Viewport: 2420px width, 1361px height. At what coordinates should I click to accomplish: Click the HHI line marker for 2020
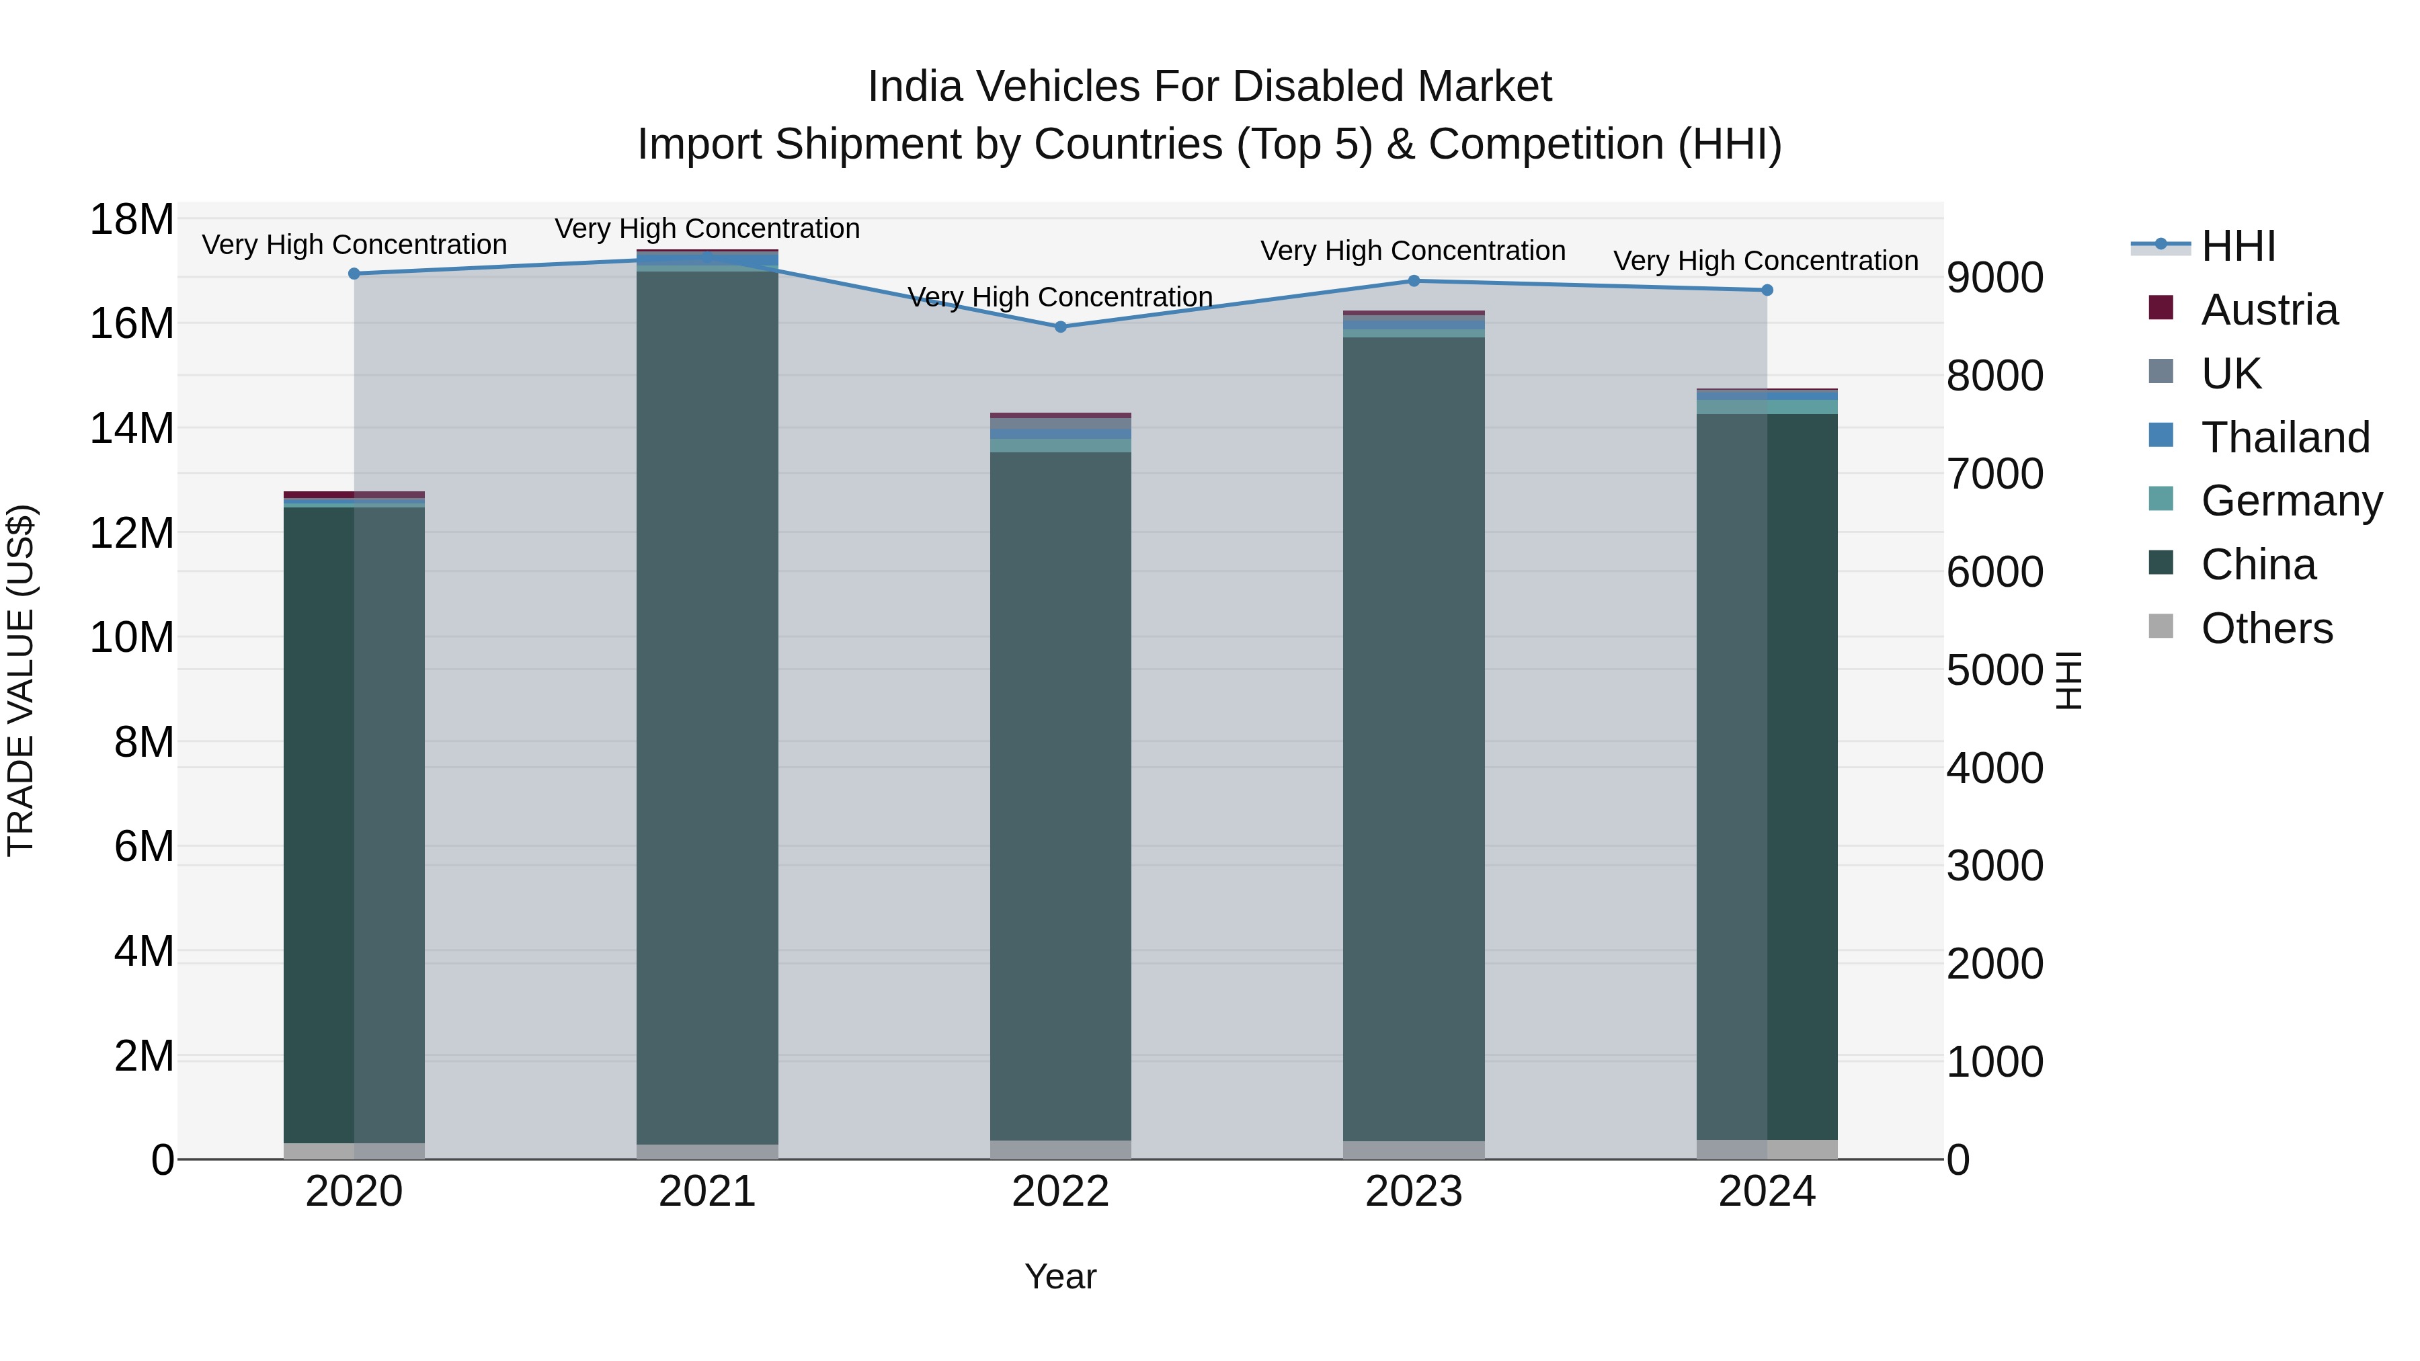354,274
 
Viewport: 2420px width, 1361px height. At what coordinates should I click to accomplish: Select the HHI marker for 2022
1061,327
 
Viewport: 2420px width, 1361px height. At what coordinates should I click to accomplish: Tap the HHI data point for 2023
1414,281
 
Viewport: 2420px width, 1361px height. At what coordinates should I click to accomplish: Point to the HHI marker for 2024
1767,290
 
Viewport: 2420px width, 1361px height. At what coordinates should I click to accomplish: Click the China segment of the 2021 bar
707,704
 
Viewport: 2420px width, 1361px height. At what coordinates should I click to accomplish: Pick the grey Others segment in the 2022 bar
1061,1150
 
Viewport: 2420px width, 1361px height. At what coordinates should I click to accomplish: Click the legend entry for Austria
2268,310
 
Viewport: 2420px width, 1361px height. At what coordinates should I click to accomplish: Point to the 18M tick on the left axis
132,220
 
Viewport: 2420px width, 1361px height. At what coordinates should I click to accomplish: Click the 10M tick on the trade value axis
132,638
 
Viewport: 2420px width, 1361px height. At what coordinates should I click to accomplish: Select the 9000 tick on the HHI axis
1994,278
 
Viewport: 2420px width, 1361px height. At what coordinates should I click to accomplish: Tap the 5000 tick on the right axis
1994,671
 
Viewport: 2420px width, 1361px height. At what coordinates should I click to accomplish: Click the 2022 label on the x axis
1061,1192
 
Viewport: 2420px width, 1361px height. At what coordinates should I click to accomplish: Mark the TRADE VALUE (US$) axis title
22,680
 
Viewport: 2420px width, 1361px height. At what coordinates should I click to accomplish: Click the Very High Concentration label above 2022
1061,298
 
